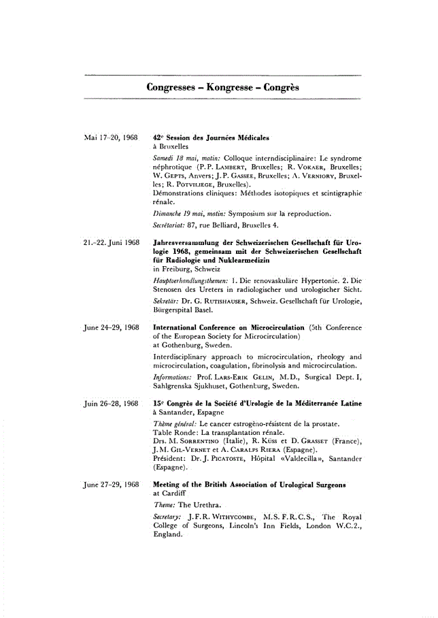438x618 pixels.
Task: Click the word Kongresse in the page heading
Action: (x=222, y=88)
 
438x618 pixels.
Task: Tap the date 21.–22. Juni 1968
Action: (x=111, y=242)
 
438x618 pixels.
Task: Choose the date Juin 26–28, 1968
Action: (x=111, y=404)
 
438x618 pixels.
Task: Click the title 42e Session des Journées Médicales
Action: (x=212, y=137)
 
